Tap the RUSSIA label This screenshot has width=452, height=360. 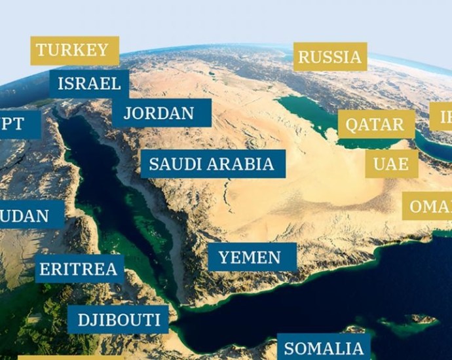(330, 57)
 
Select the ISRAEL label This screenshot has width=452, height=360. (89, 84)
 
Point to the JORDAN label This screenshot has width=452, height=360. (159, 113)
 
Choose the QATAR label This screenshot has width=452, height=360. (375, 124)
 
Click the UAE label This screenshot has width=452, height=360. (391, 164)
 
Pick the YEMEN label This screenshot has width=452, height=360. (250, 257)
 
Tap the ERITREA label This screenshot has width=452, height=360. (78, 269)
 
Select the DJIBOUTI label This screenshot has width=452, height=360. (119, 320)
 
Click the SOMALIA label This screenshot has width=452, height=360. (323, 348)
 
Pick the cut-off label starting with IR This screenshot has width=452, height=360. (442, 117)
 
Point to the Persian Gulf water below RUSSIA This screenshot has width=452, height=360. (311, 115)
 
